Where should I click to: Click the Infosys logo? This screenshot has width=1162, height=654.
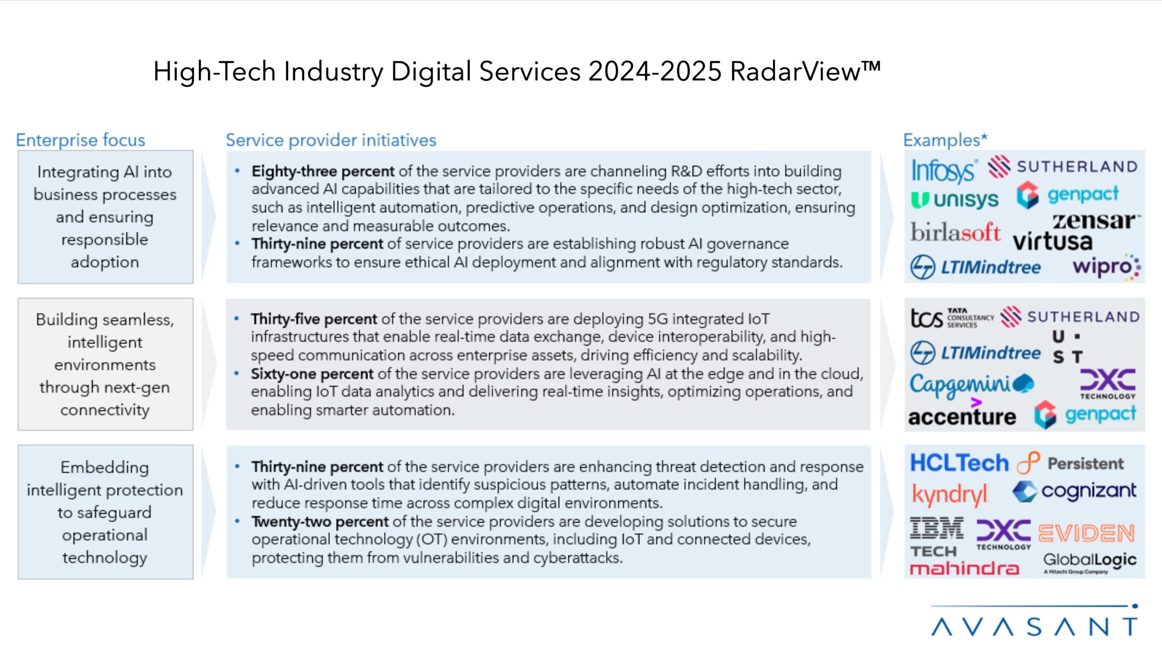pyautogui.click(x=943, y=170)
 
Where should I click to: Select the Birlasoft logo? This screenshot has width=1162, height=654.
pyautogui.click(x=955, y=233)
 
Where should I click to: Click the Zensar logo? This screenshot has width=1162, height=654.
pyautogui.click(x=1095, y=221)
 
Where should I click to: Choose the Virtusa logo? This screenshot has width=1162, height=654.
pyautogui.click(x=1053, y=242)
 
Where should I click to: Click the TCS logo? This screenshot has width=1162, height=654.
pyautogui.click(x=951, y=318)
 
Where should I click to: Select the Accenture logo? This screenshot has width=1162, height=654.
pyautogui.click(x=962, y=416)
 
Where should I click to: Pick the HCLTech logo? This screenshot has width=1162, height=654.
pyautogui.click(x=959, y=463)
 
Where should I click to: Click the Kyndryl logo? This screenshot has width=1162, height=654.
pyautogui.click(x=950, y=494)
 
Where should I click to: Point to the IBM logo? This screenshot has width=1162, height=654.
pyautogui.click(x=936, y=528)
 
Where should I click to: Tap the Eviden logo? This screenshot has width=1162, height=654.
pyautogui.click(x=1086, y=533)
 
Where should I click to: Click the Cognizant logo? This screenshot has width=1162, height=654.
pyautogui.click(x=1074, y=491)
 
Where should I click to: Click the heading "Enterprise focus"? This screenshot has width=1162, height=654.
pyautogui.click(x=80, y=140)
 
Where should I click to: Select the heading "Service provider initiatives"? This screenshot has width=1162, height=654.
pyautogui.click(x=331, y=140)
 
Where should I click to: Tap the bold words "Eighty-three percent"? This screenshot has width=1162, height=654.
pyautogui.click(x=323, y=171)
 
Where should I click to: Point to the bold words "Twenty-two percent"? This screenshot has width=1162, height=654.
pyautogui.click(x=320, y=521)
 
